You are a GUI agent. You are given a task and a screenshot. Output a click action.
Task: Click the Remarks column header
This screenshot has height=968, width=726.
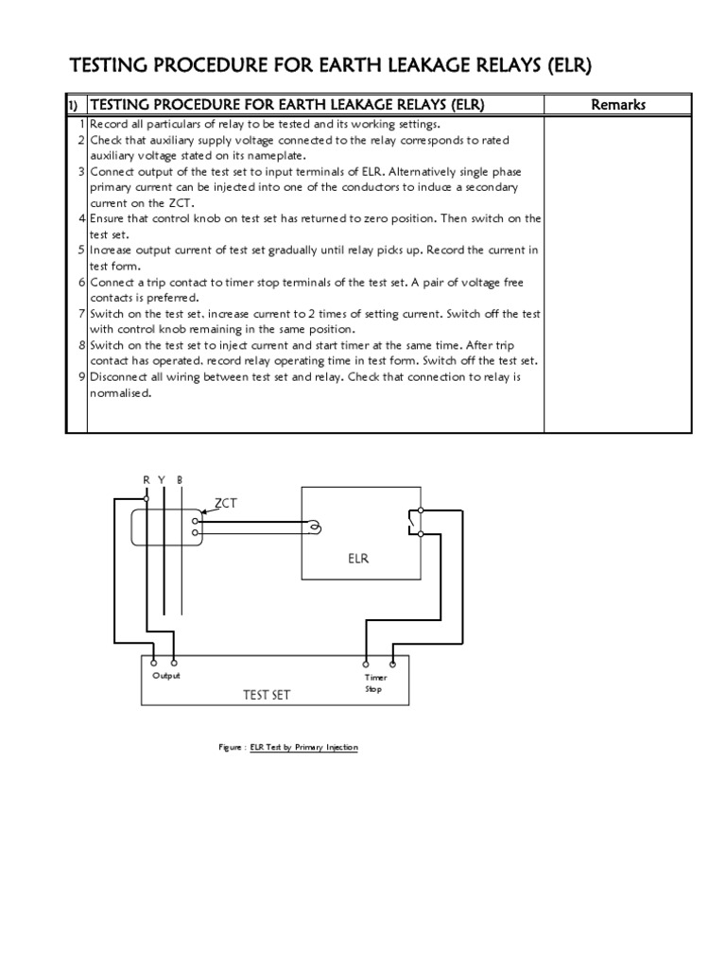point(618,104)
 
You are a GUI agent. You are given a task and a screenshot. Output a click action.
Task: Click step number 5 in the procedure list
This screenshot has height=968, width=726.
point(82,251)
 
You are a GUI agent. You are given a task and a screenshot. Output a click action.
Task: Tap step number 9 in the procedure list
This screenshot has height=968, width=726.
point(82,376)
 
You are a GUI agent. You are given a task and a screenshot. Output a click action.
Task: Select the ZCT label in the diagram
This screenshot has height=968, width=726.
point(225,504)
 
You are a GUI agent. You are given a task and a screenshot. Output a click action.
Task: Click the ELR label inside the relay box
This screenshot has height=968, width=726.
point(357,559)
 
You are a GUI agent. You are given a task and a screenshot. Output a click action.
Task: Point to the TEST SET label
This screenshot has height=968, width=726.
point(268,695)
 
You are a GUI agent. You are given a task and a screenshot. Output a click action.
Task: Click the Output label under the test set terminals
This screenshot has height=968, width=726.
point(165,676)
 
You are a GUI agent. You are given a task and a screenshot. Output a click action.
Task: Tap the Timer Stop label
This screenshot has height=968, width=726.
point(376,683)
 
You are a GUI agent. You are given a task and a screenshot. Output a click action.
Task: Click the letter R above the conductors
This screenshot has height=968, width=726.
point(147,480)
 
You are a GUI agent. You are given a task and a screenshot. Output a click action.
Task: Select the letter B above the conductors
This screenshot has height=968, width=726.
point(180,480)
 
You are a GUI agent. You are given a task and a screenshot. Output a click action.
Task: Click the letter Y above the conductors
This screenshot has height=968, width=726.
point(162,480)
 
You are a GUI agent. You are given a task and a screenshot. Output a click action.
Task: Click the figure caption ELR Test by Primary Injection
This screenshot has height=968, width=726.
point(303,747)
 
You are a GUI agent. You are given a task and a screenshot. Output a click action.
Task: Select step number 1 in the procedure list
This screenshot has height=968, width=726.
point(82,125)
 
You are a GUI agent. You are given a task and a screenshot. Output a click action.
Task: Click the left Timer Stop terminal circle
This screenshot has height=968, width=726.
point(366,663)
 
